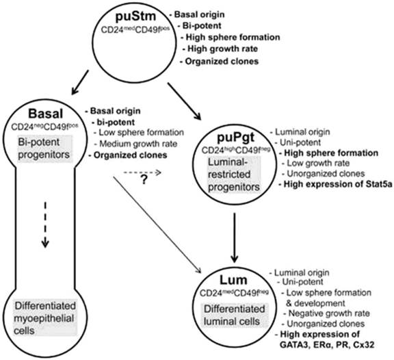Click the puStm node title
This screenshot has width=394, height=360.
click(129, 15)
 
